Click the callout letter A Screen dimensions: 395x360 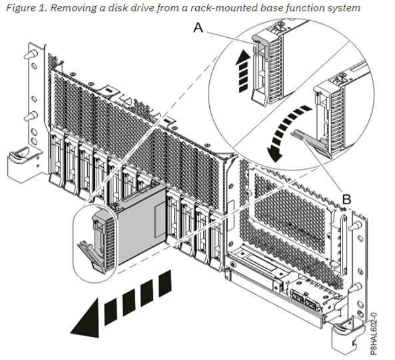(x=198, y=27)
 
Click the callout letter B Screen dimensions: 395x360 (x=346, y=199)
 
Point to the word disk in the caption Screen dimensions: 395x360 (x=117, y=8)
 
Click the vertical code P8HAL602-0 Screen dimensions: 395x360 (x=374, y=333)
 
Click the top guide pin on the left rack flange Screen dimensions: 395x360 (x=31, y=54)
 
